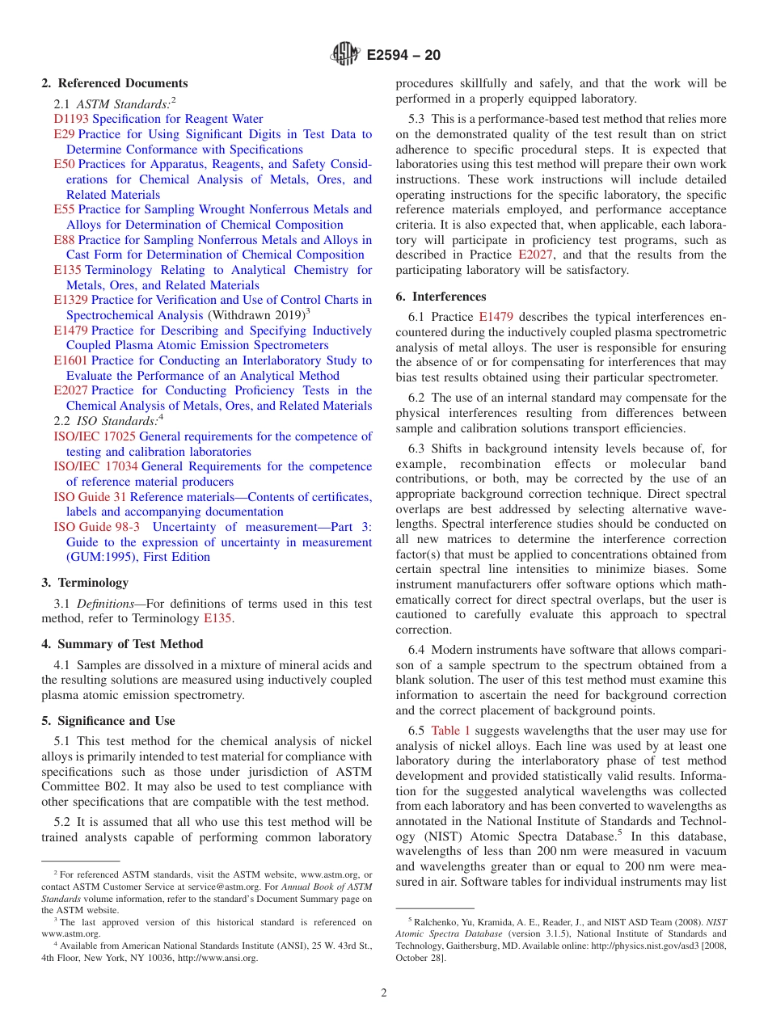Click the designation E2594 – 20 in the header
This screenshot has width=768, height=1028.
(x=403, y=56)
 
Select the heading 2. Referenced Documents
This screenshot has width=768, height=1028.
(x=115, y=83)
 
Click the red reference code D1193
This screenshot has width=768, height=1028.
(x=71, y=119)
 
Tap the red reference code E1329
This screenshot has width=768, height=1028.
(x=70, y=300)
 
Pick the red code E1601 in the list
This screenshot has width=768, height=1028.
(x=70, y=360)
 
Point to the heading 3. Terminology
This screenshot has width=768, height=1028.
(x=85, y=583)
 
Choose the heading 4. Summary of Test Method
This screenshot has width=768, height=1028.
(x=122, y=644)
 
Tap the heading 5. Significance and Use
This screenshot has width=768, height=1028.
(x=108, y=721)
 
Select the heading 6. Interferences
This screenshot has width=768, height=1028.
(x=441, y=297)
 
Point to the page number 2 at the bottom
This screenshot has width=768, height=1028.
(x=384, y=993)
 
